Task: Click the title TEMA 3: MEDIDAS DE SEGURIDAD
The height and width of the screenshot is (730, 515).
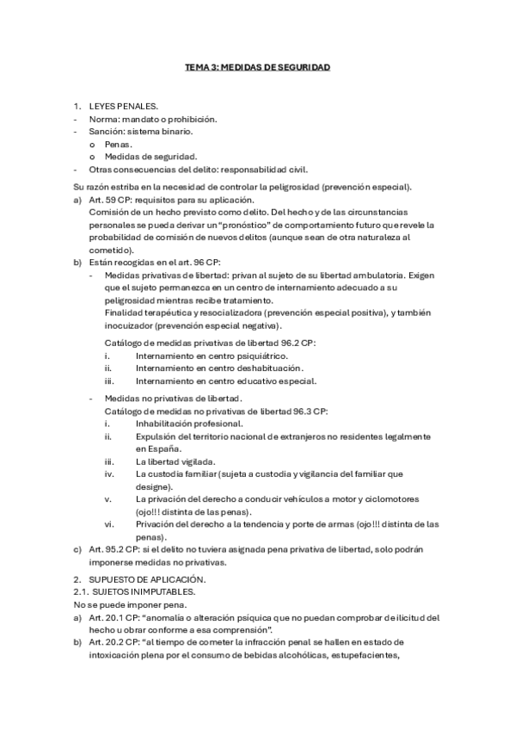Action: pos(258,65)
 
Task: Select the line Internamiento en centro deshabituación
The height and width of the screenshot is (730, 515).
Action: pos(219,368)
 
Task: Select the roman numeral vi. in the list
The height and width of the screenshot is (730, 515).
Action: pos(108,524)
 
